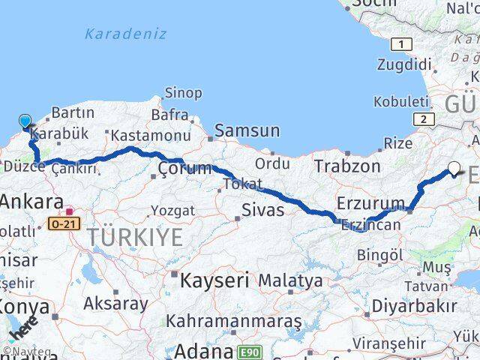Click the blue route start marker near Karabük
click(25, 121)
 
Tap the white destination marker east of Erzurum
click(454, 168)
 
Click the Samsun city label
click(247, 130)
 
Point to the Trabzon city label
click(346, 166)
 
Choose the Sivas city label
click(262, 209)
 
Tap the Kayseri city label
click(214, 280)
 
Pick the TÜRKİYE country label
click(134, 238)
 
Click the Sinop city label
click(182, 93)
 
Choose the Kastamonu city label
click(150, 136)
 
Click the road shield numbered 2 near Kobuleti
click(426, 118)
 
